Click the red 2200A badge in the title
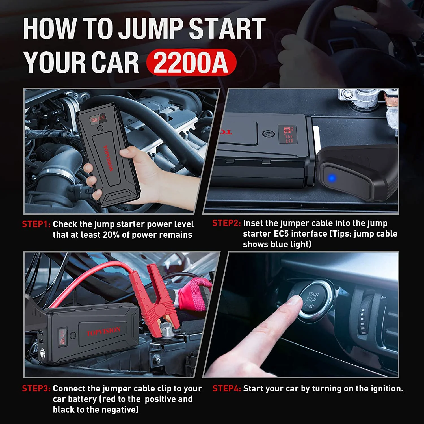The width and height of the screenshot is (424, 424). (191, 62)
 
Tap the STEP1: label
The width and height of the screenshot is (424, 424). (36, 224)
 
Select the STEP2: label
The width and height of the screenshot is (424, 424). (226, 223)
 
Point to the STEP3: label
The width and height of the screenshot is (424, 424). (36, 388)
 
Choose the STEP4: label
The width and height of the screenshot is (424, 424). (226, 388)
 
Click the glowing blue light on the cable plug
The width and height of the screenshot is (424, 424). (332, 178)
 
